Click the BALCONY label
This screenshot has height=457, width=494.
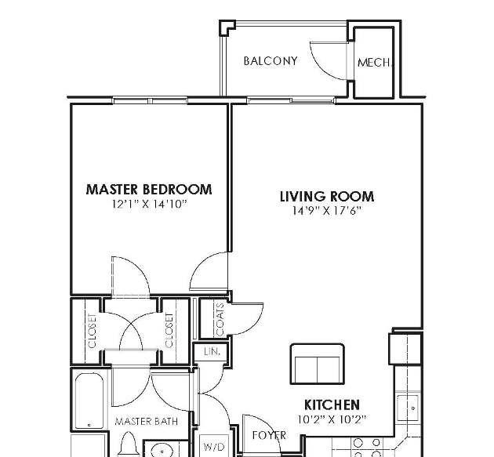(x=271, y=61)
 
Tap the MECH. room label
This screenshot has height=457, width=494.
(x=374, y=63)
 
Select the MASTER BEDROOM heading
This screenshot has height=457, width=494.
(x=149, y=189)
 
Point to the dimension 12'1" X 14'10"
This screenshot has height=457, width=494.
(x=150, y=204)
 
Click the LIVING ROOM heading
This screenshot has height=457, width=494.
(x=327, y=196)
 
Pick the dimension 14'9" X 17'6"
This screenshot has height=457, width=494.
(x=326, y=210)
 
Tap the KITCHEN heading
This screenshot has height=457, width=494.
(x=332, y=404)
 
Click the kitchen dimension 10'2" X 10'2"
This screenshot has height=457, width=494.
(x=332, y=419)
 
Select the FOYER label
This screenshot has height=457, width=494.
(x=269, y=435)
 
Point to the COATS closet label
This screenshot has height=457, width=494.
(x=220, y=319)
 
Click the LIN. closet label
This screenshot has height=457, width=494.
(x=212, y=351)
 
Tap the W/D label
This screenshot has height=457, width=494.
(x=214, y=447)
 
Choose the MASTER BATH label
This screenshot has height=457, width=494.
(x=147, y=421)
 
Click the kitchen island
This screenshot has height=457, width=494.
(x=318, y=365)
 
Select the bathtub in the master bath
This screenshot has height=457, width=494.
(x=89, y=401)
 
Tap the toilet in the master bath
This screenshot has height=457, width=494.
(x=129, y=444)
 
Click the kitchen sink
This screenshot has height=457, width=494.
(x=408, y=408)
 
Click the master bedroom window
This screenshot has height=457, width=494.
(x=151, y=101)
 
